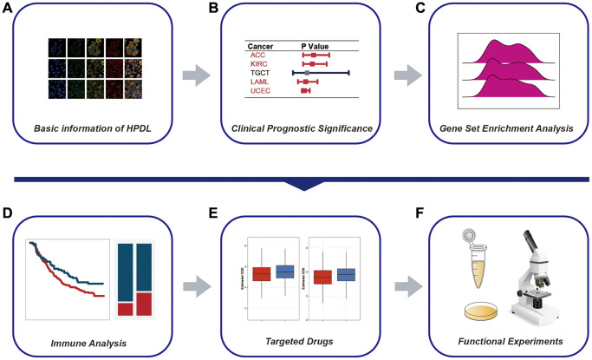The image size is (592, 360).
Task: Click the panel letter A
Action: coord(8,10)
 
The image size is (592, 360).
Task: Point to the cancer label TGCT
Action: coord(260,73)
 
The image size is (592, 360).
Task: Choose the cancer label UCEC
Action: coord(261,90)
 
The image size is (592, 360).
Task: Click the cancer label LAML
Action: coord(260,82)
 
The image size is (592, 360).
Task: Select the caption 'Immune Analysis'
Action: coord(91,343)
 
